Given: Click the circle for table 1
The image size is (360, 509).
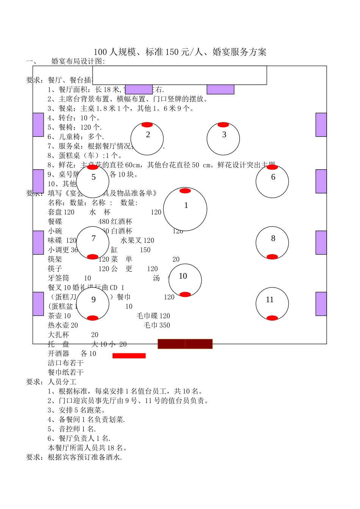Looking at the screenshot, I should click(x=185, y=209).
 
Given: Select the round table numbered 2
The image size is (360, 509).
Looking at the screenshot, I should click(x=147, y=139).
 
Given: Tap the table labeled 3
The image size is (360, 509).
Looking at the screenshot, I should click(x=223, y=139).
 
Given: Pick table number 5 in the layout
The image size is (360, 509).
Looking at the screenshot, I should click(x=93, y=181).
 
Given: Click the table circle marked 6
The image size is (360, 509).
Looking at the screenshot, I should click(x=272, y=182).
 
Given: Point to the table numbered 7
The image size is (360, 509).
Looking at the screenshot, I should click(x=93, y=243).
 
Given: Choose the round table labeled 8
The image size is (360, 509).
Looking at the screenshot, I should click(x=272, y=243).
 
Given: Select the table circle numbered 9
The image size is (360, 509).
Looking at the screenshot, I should click(x=93, y=304).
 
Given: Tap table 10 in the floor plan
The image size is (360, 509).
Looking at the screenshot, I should click(x=185, y=280).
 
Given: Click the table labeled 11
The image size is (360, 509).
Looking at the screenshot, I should click(x=272, y=304).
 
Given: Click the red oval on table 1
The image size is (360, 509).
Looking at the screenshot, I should click(x=185, y=191).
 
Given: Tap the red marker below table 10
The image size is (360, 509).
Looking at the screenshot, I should click(x=185, y=295).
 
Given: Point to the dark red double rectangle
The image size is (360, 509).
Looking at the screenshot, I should click(x=185, y=344).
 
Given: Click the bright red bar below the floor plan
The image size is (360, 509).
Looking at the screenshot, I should click(x=129, y=356).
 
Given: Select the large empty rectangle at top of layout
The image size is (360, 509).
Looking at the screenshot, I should click(x=180, y=75).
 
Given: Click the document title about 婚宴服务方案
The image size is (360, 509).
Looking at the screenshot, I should click(x=180, y=52).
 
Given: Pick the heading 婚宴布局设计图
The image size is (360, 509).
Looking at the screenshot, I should click(x=78, y=61).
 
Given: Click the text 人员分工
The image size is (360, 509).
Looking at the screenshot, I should click(x=62, y=382).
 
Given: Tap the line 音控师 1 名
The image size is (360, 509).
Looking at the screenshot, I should click(x=72, y=429).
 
